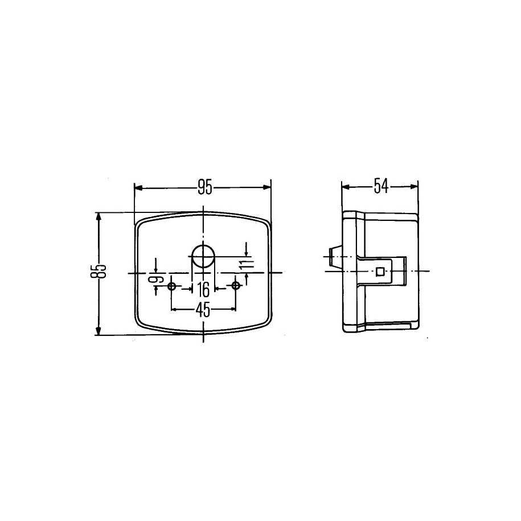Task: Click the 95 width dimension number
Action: coord(204,187)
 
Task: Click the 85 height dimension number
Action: coord(98,271)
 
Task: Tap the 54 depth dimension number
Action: coord(381,186)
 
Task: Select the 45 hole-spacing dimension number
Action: coord(203,310)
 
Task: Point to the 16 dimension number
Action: coord(203,289)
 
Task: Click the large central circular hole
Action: coord(203,256)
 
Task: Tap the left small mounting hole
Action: coord(171,286)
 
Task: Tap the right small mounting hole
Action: coord(236,285)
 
